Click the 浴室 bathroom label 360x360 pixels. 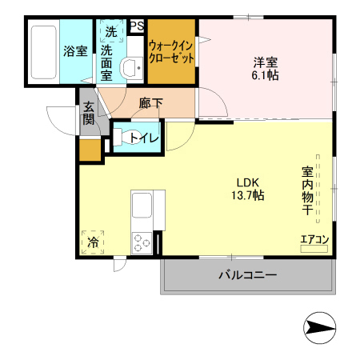(75, 51)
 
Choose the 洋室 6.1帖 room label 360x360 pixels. (267, 66)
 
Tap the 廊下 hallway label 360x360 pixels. (150, 102)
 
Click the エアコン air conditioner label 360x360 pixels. (314, 238)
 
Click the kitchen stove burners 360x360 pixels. (142, 242)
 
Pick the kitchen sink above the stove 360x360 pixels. (142, 209)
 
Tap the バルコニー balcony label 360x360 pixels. (247, 276)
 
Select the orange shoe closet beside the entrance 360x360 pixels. (90, 150)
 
